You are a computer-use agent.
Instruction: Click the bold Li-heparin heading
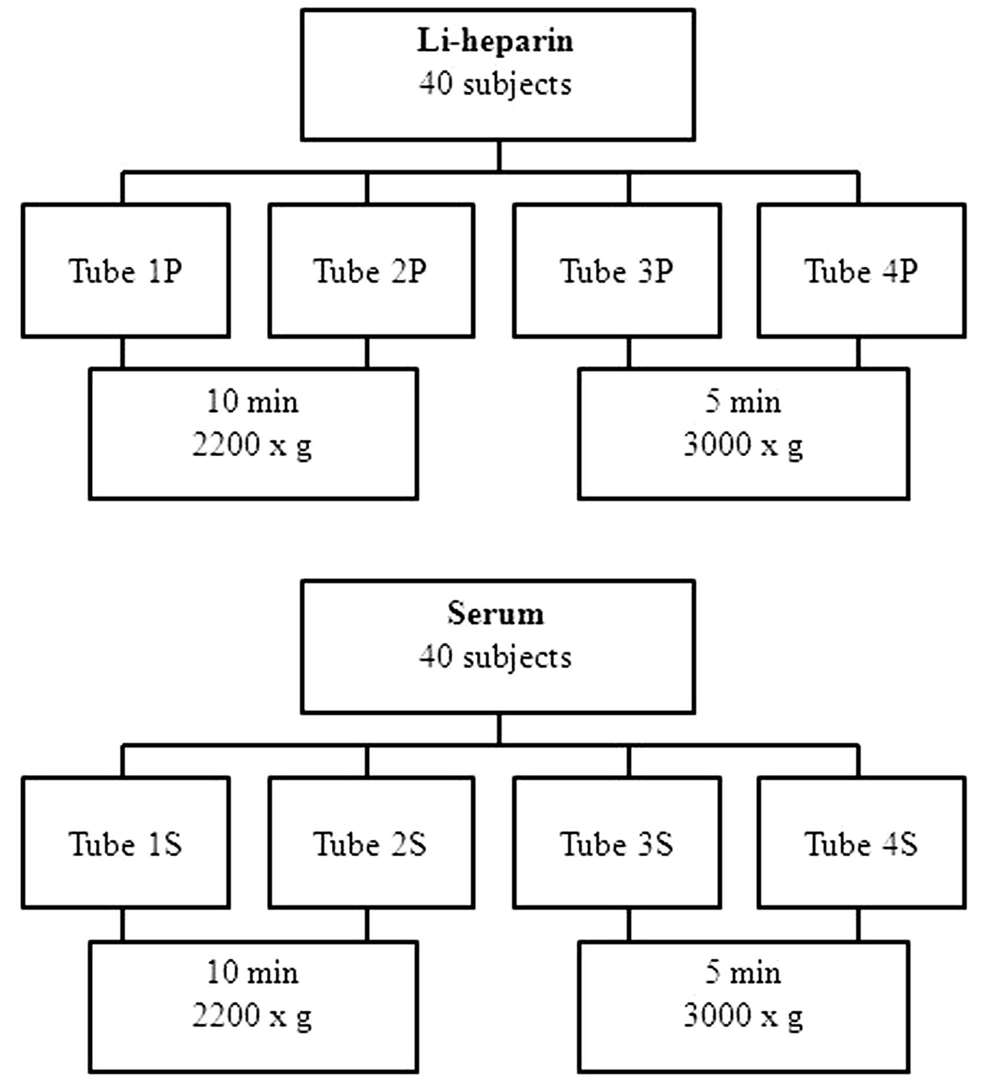(495, 42)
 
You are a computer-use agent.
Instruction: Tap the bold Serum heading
(495, 613)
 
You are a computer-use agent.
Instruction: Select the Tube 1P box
(126, 270)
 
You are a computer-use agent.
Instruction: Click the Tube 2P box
(371, 270)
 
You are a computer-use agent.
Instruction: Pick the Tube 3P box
(617, 270)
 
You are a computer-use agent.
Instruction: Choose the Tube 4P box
(862, 270)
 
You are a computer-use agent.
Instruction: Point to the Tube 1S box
(126, 844)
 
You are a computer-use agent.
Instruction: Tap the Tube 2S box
(371, 844)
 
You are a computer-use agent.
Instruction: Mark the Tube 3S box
(617, 844)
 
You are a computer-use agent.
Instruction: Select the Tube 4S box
(862, 844)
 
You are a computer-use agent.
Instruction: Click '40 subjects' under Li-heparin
(495, 84)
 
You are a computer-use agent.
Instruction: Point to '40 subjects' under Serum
(495, 657)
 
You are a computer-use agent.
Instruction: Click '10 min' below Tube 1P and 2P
(253, 401)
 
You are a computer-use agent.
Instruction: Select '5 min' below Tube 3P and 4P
(743, 401)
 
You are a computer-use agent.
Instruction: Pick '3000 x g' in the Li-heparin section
(743, 445)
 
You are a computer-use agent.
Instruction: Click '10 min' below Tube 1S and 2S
(253, 973)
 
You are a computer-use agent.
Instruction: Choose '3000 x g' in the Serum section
(743, 1016)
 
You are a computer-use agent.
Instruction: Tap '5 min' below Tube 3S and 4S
(743, 973)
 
